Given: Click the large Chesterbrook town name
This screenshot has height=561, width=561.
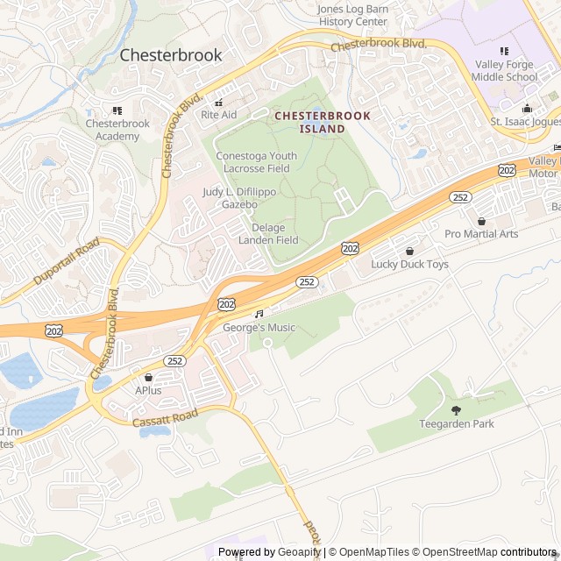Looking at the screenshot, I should coord(170,54).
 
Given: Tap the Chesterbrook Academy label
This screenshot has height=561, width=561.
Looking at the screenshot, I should coord(117,130).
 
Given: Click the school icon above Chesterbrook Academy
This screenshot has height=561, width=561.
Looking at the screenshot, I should coord(117,110).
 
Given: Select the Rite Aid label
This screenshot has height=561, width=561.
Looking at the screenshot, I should coord(218,115).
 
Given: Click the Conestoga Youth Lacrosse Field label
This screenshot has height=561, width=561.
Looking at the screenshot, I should coord(256,162).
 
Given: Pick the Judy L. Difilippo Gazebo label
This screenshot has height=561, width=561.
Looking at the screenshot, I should coord(229,197).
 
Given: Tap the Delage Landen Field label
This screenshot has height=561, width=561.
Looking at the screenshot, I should coord(274,234).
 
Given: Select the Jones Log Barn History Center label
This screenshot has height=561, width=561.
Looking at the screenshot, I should coord(352,15).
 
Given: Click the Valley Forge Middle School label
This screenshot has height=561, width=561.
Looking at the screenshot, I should coord(506,70).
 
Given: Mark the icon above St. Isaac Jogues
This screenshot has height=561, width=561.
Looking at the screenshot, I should coord(527,109).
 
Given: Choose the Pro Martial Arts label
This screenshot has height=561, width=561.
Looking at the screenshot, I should coord(481,234).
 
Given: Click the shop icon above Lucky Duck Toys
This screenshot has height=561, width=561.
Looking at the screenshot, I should coord(409,251).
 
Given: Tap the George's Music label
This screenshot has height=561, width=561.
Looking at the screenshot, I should coord(259,328).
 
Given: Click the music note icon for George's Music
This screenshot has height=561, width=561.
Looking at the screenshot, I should coord(259,313).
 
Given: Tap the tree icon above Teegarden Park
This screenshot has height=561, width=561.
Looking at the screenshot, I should coord(455,410).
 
